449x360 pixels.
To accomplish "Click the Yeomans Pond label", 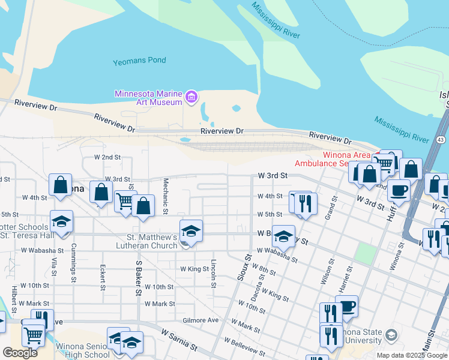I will (x=139, y=61).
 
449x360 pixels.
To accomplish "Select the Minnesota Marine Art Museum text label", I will (x=148, y=98).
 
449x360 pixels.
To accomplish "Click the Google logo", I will (x=20, y=352).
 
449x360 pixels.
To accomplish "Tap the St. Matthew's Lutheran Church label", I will (x=148, y=241).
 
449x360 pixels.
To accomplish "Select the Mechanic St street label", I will (x=166, y=196).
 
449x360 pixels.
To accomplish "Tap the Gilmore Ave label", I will (x=200, y=320).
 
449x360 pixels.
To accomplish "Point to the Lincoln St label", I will (x=213, y=273).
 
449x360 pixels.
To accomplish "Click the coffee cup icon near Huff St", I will (x=397, y=190).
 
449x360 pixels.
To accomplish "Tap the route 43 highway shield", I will (x=441, y=139).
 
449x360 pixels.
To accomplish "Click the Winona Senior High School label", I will (x=82, y=350).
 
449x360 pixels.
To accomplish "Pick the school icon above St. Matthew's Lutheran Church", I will (x=191, y=230).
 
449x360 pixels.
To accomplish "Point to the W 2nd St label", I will (x=107, y=157).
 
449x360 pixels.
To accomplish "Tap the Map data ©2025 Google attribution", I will (x=411, y=355).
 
